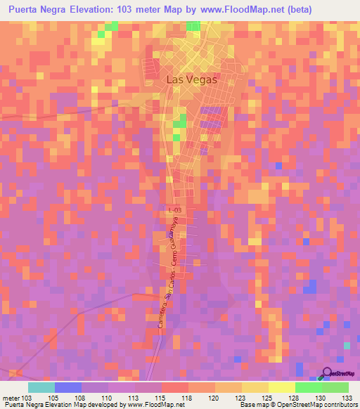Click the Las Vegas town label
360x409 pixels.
(191, 80)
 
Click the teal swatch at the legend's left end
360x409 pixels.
(41, 387)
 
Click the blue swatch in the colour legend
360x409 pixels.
(68, 387)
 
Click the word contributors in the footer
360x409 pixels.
(335, 404)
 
